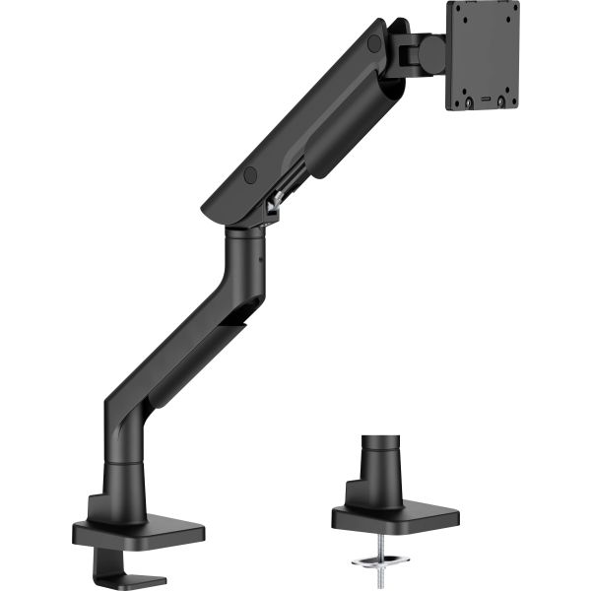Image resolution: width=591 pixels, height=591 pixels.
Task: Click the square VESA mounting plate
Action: (482, 54)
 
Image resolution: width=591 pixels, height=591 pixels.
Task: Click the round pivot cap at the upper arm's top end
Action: (374, 44)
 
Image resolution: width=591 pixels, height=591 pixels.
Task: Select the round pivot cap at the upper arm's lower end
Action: (250, 174)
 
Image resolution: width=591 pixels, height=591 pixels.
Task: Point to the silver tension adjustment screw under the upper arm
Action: (277, 202)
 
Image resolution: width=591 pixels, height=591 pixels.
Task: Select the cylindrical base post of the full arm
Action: (125, 483)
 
